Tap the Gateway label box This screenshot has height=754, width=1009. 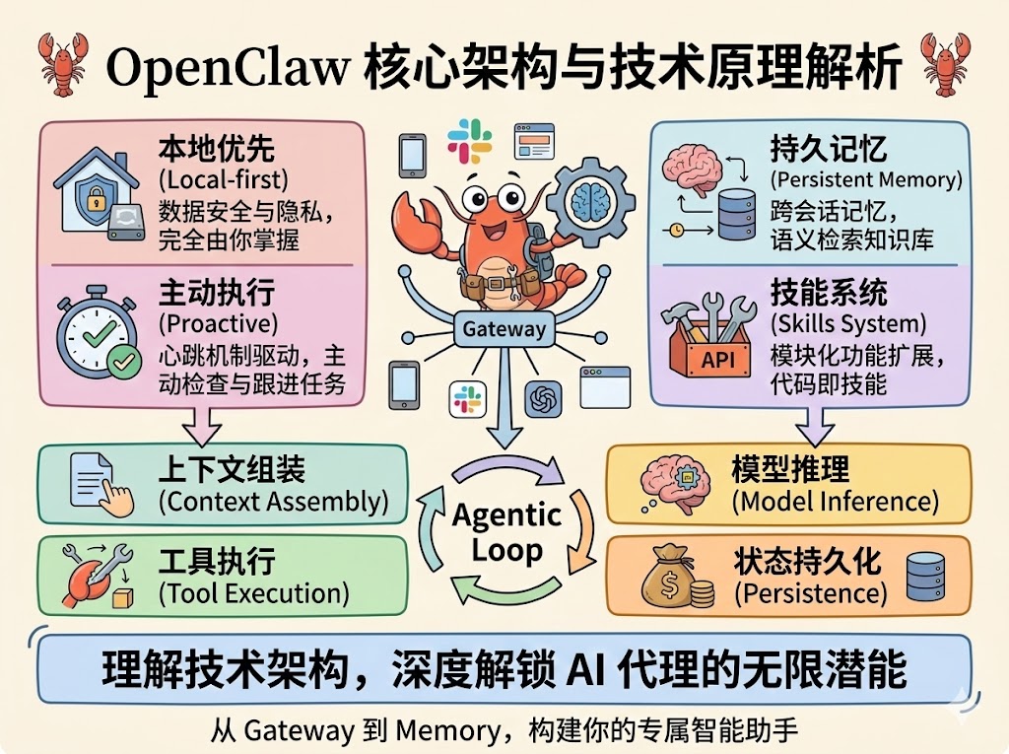(504, 329)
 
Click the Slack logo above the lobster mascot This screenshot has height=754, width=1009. (469, 140)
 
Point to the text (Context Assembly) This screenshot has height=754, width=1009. (273, 502)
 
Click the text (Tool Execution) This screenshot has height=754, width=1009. (253, 593)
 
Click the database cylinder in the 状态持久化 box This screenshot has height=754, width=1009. (923, 577)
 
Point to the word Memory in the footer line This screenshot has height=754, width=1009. (445, 730)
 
